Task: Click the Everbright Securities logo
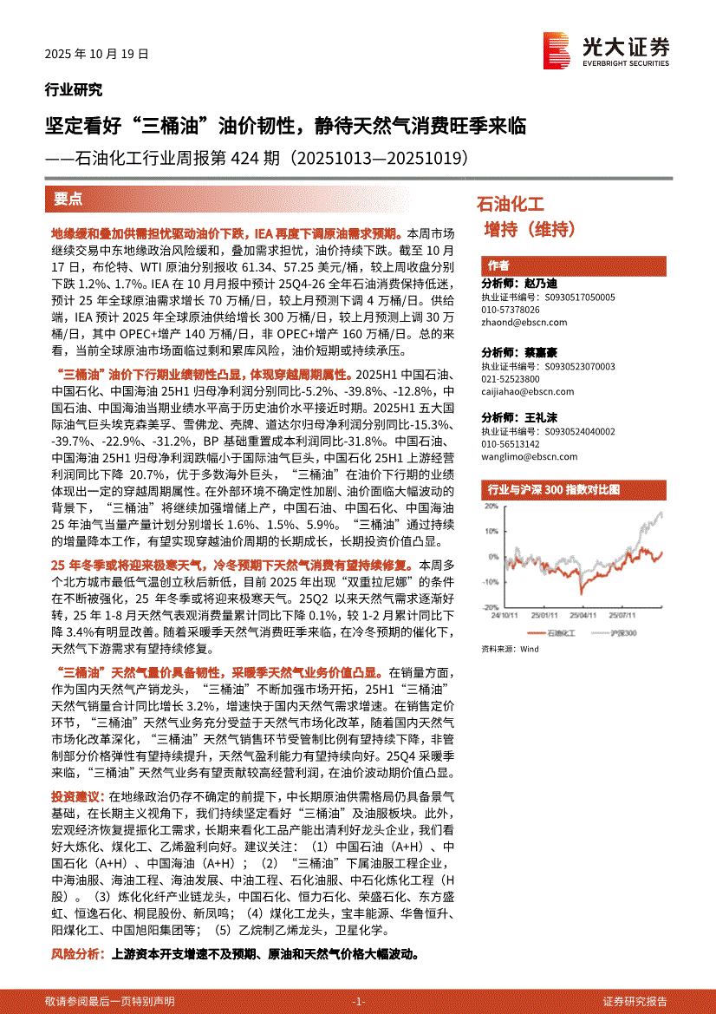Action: click(x=606, y=48)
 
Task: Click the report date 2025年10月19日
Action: click(x=97, y=54)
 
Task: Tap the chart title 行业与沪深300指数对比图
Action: click(x=554, y=490)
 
